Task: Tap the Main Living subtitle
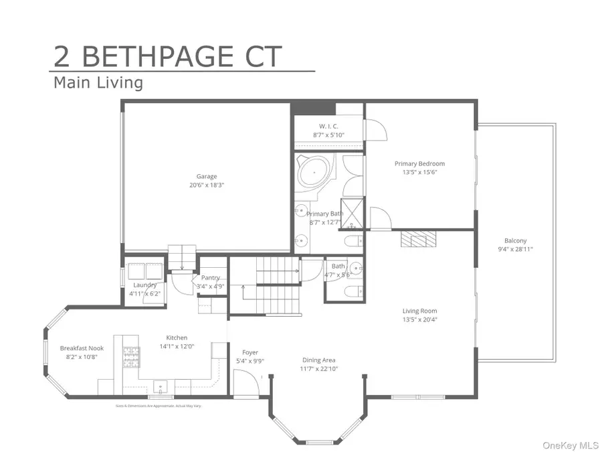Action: (98, 83)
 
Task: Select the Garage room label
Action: (206, 177)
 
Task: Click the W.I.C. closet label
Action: (328, 126)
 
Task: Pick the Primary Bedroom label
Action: (419, 163)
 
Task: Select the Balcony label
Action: (515, 241)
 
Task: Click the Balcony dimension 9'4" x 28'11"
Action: (515, 249)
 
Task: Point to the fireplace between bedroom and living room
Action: (418, 239)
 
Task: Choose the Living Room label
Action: (419, 311)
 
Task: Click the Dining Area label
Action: (319, 360)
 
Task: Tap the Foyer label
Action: (250, 352)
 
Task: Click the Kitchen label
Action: (177, 337)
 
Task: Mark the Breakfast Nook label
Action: (82, 348)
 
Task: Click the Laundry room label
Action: (144, 285)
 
